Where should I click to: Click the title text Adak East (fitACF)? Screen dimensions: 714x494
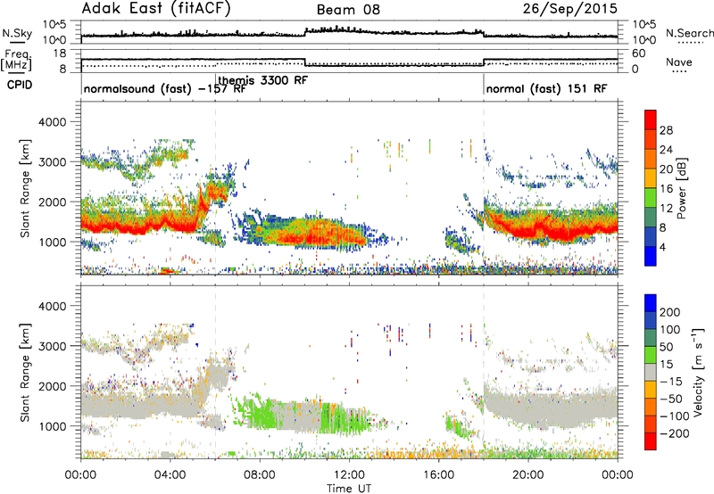pyautogui.click(x=156, y=8)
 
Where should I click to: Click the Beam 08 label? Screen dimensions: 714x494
pyautogui.click(x=348, y=10)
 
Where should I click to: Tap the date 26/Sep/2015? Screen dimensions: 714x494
pyautogui.click(x=570, y=9)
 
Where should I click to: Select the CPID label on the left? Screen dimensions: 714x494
pyautogui.click(x=20, y=85)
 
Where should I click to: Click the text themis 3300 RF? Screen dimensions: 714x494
pyautogui.click(x=263, y=80)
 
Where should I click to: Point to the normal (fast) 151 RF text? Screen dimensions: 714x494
pyautogui.click(x=546, y=88)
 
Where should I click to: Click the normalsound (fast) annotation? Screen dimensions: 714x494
pyautogui.click(x=137, y=88)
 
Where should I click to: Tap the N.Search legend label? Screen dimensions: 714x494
pyautogui.click(x=689, y=33)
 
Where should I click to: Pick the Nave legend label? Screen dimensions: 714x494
pyautogui.click(x=679, y=62)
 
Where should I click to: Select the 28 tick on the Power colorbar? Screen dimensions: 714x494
pyautogui.click(x=666, y=130)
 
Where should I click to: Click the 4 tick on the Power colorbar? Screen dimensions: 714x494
pyautogui.click(x=663, y=247)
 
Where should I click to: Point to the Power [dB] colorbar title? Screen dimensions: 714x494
pyautogui.click(x=682, y=188)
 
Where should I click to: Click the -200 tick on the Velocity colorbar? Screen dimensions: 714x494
pyautogui.click(x=672, y=433)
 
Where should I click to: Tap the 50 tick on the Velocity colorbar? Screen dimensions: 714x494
pyautogui.click(x=666, y=347)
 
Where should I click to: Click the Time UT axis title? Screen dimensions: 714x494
pyautogui.click(x=349, y=489)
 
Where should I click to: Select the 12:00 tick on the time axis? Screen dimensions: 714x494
pyautogui.click(x=349, y=475)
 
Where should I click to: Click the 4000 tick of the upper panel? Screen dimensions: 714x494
pyautogui.click(x=53, y=122)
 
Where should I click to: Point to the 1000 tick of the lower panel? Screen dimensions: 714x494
pyautogui.click(x=53, y=426)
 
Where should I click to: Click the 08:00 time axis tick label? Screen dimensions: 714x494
pyautogui.click(x=260, y=475)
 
